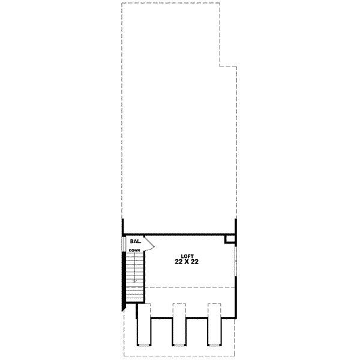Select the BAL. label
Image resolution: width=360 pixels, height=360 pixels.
pos(135,241)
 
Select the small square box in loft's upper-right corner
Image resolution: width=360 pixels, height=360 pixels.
pos(229,239)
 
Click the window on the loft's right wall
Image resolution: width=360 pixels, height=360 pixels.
pos(235,264)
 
